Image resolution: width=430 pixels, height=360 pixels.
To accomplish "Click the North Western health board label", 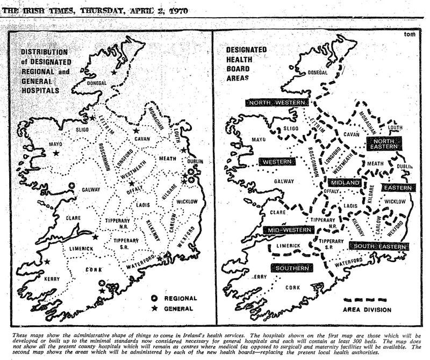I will click(277, 103).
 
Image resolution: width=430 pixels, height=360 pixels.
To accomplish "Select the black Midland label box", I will click(344, 183).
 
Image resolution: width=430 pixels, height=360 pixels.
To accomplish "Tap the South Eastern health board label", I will click(378, 246).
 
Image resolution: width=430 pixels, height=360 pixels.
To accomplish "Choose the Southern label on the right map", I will click(292, 267).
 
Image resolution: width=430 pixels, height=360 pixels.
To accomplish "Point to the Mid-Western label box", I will click(288, 229).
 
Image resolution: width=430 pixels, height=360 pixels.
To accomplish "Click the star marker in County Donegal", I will click(113, 72).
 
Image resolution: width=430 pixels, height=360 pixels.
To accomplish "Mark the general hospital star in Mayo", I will click(56, 154).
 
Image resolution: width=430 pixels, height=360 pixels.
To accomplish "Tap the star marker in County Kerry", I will click(47, 262).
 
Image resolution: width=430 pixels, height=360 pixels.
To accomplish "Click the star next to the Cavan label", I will click(137, 131).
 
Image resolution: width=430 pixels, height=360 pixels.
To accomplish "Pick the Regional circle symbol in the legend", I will click(154, 298).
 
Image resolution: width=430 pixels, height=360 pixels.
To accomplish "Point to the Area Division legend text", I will click(368, 309).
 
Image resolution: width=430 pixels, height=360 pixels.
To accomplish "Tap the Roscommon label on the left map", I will click(105, 156).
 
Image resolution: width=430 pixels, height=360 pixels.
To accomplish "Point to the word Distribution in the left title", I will click(44, 52).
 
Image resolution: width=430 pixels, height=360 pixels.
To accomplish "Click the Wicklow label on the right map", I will click(394, 201).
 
